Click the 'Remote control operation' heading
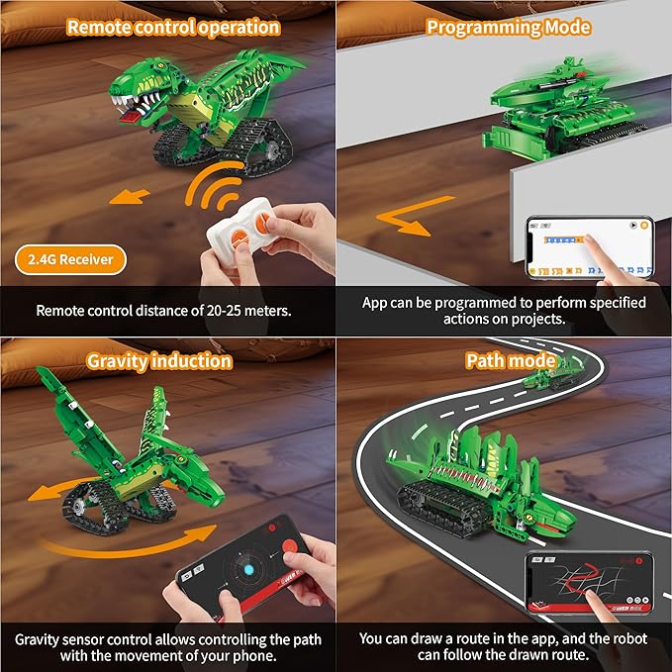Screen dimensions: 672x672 [172, 27]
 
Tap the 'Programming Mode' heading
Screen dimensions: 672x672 [508, 27]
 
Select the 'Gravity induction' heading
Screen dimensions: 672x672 [159, 360]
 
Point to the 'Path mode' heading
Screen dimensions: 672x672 [511, 360]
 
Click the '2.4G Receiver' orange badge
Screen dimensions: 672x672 [71, 260]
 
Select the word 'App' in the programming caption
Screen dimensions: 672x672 [375, 302]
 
